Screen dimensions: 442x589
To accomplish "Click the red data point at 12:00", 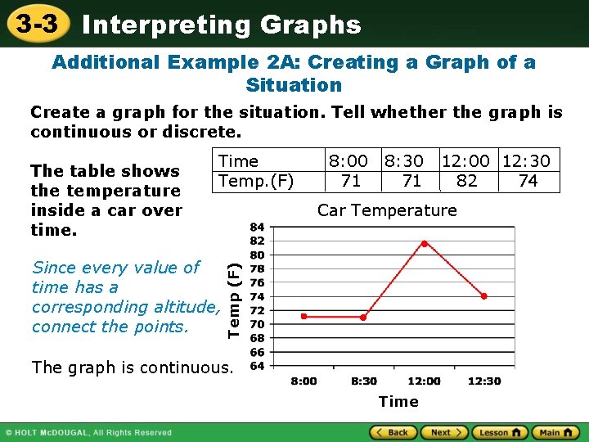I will pyautogui.click(x=424, y=243).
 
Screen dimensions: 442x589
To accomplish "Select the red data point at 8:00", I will pyautogui.click(x=303, y=316).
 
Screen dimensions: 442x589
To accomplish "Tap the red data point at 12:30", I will pyautogui.click(x=484, y=296).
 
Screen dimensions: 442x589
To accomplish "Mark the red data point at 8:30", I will pyautogui.click(x=364, y=317).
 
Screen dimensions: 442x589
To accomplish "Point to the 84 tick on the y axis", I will pyautogui.click(x=257, y=227).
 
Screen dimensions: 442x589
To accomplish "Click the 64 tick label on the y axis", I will pyautogui.click(x=257, y=365).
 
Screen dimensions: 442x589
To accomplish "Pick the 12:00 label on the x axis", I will pyautogui.click(x=424, y=381).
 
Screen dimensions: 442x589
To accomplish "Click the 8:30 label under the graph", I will pyautogui.click(x=364, y=381).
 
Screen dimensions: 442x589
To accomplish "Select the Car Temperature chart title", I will pyautogui.click(x=387, y=210).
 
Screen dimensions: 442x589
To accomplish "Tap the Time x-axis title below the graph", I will pyautogui.click(x=398, y=401).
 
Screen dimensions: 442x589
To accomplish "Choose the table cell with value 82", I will pyautogui.click(x=467, y=181).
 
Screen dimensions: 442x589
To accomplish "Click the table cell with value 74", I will pyautogui.click(x=528, y=181).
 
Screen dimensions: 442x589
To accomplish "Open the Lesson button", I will pyautogui.click(x=498, y=432).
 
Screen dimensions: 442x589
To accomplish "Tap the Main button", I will pyautogui.click(x=554, y=432).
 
